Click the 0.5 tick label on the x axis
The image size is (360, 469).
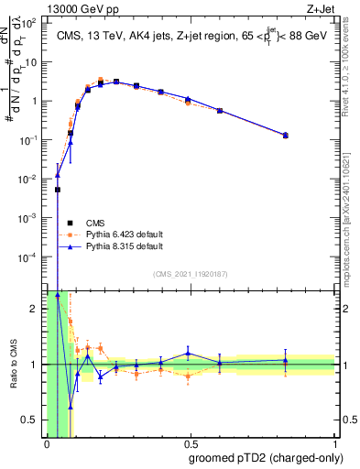[191, 444]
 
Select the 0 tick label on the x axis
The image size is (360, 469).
[47, 444]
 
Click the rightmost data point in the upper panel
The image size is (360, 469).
[286, 135]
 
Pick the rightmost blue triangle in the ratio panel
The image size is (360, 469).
[286, 361]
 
